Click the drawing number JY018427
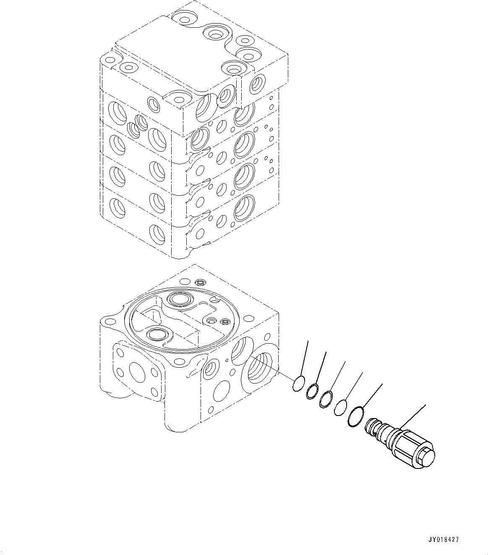click(x=444, y=540)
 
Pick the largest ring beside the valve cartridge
click(x=355, y=416)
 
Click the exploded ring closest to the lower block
click(x=299, y=384)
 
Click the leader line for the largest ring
click(x=373, y=395)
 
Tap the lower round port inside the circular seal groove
click(x=156, y=334)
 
